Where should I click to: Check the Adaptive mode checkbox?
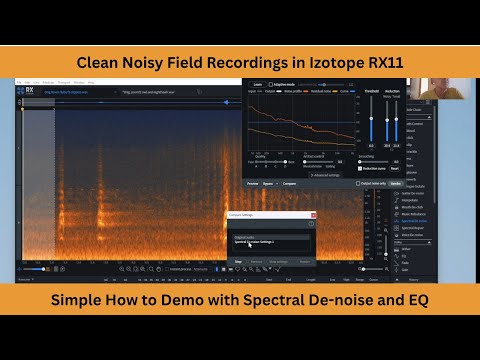[266, 85]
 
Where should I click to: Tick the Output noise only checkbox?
[358, 183]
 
